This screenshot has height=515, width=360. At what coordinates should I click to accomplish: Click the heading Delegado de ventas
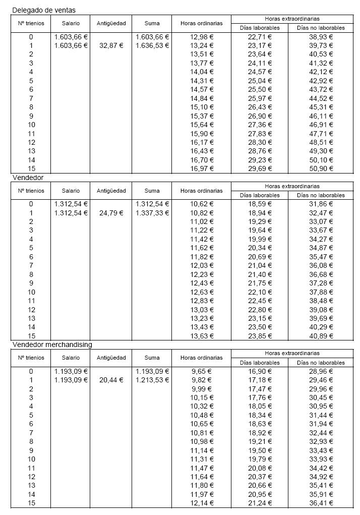[44, 10]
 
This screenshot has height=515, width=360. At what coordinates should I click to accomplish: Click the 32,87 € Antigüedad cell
[111, 45]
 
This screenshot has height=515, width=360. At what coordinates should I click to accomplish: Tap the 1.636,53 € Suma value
[152, 45]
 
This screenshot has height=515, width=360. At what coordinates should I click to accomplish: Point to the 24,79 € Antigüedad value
[111, 213]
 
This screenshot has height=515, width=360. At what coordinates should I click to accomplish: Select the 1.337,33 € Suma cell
[152, 213]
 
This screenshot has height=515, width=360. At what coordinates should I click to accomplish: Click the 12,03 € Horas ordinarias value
[202, 265]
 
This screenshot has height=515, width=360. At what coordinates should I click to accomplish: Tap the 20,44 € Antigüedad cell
[111, 380]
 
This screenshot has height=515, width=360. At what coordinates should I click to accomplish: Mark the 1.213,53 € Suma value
[152, 380]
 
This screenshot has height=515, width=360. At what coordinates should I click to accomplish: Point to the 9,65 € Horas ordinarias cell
[202, 371]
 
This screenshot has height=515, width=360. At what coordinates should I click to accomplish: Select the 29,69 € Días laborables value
[260, 168]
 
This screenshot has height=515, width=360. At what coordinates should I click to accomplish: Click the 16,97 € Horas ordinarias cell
[202, 168]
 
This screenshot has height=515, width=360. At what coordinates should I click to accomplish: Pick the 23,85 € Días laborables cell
[260, 336]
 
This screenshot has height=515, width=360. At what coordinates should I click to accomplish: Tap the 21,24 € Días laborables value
[260, 503]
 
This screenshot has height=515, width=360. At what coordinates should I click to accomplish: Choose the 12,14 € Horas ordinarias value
[202, 503]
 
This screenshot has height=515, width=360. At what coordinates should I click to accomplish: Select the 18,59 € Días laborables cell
[260, 204]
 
